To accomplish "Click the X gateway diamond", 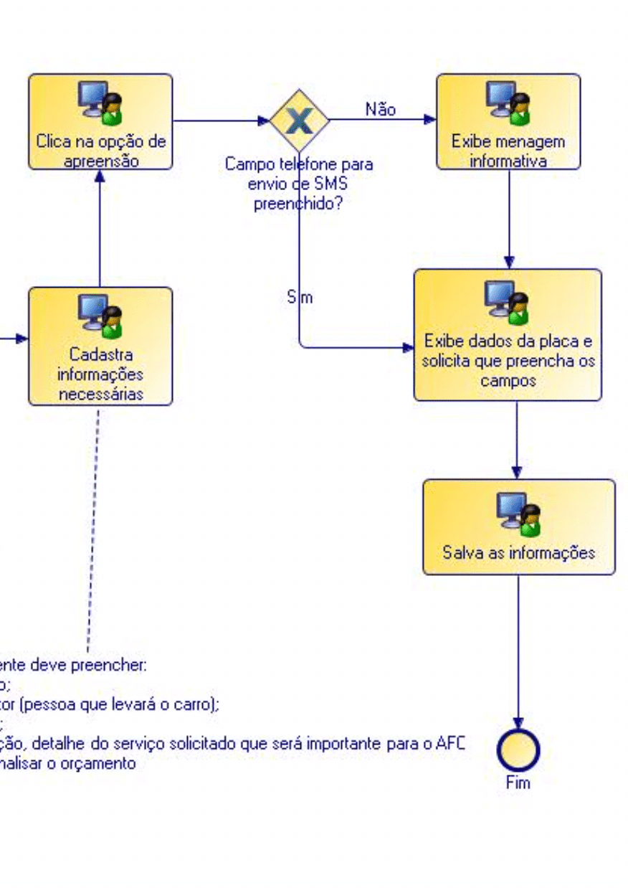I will click(x=299, y=120).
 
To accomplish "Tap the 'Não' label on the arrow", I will click(x=381, y=110).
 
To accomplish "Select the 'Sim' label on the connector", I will click(x=300, y=297).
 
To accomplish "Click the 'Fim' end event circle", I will click(x=518, y=750).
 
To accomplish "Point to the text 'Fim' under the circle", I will click(x=518, y=783).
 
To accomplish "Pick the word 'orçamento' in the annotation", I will click(x=103, y=764).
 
